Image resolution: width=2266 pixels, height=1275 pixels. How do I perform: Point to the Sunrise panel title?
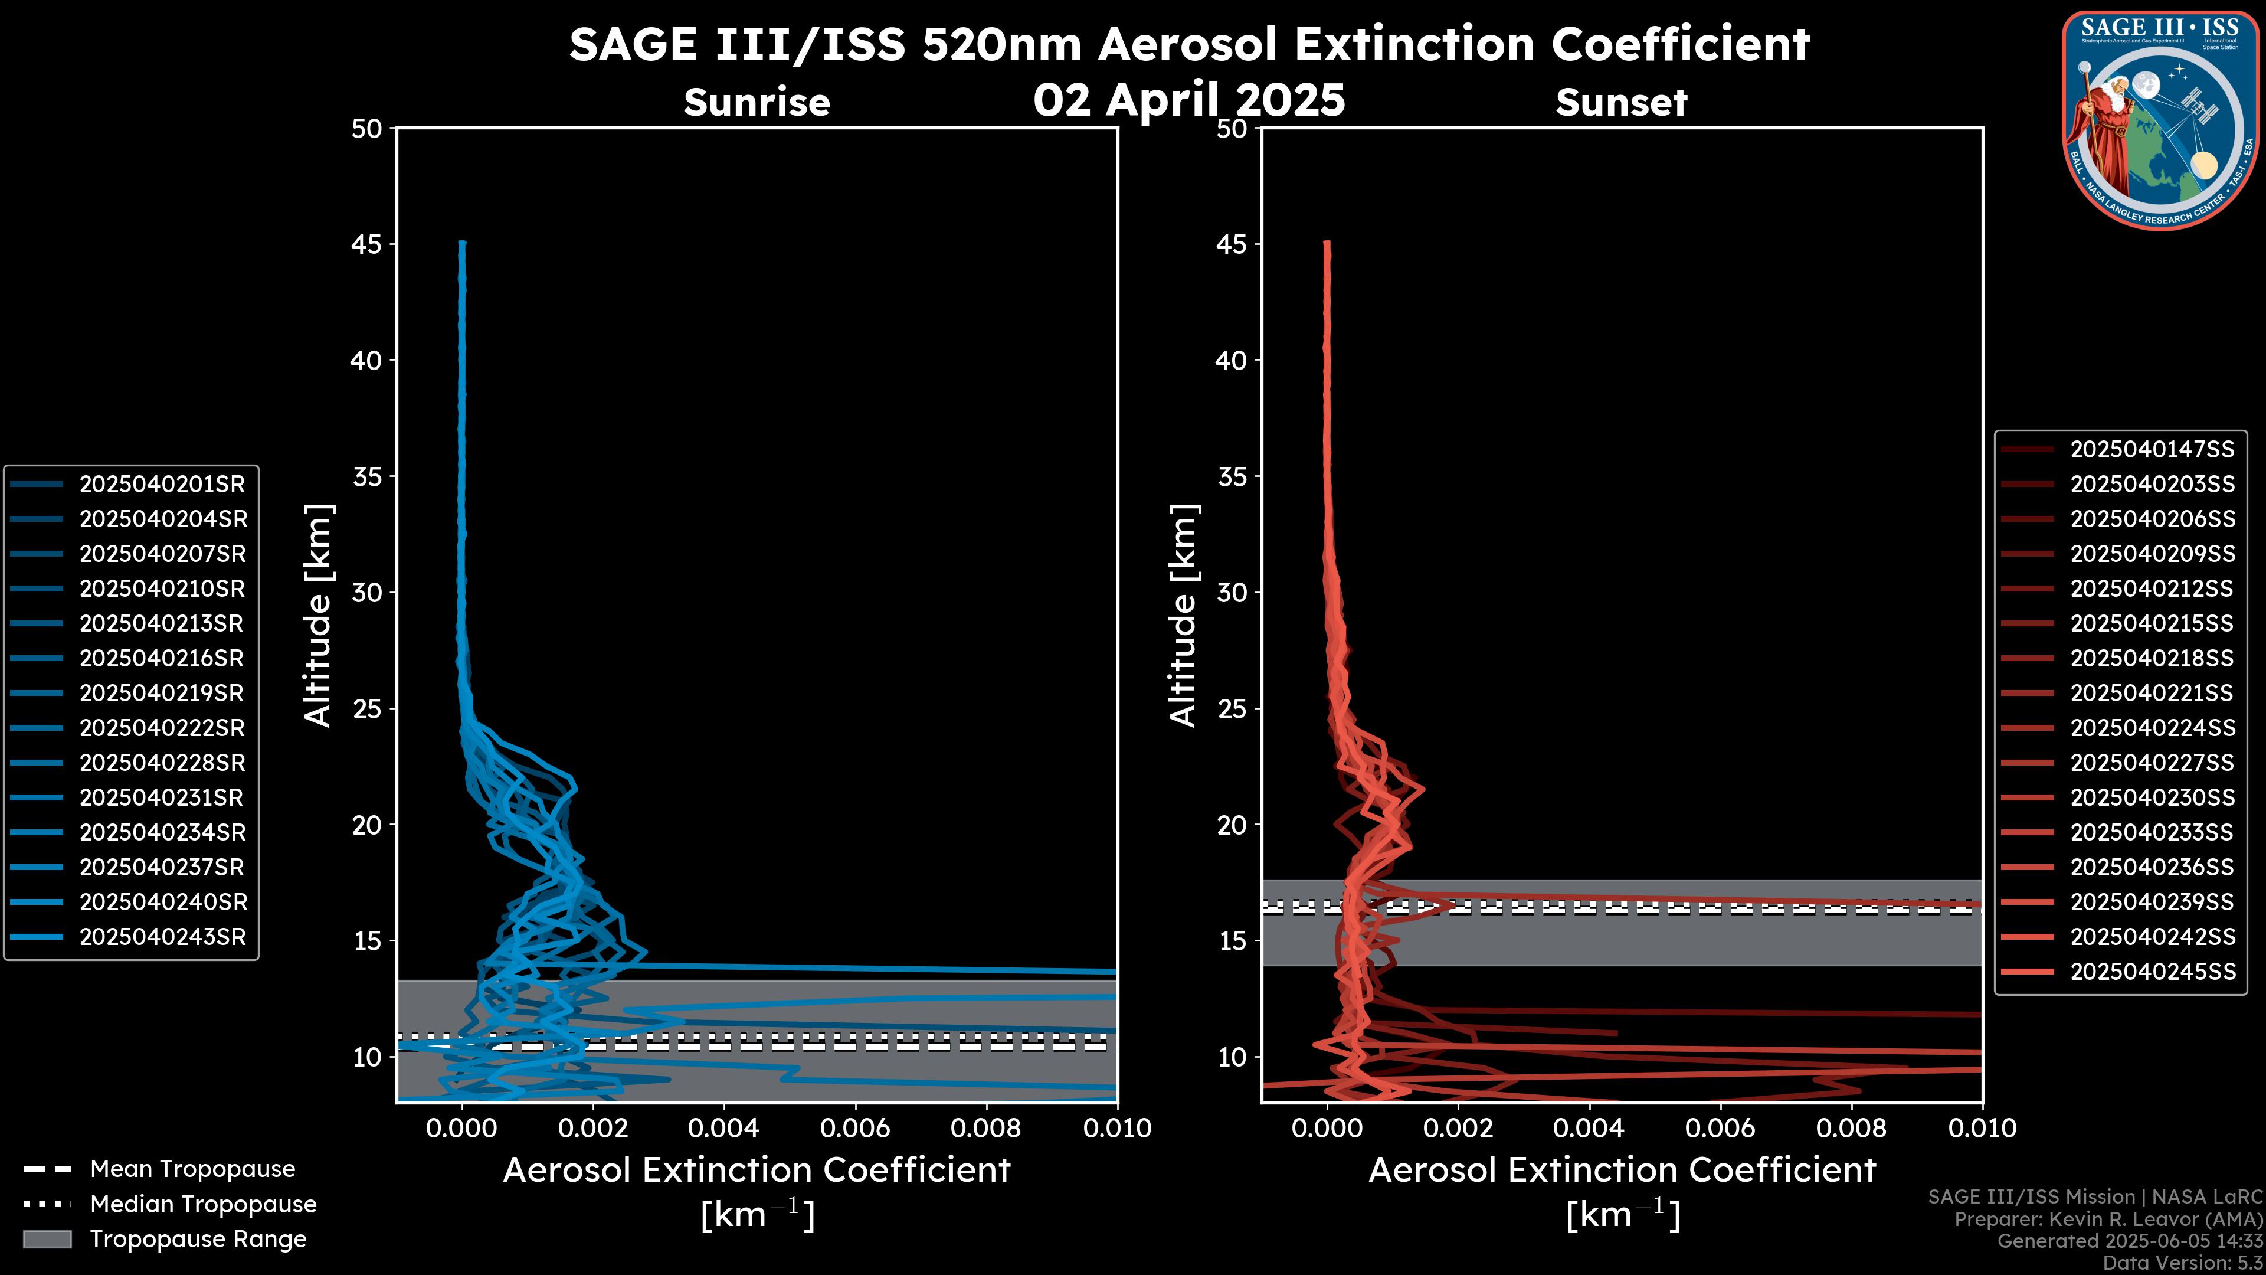757,103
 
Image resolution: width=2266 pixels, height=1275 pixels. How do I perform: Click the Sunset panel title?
1621,103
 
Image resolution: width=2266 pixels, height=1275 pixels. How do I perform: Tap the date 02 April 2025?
1188,99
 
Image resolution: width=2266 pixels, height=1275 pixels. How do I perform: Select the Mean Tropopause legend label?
192,1169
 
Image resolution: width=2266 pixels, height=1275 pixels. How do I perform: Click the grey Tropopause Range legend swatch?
47,1240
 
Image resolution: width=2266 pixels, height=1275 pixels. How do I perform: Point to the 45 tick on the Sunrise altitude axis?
367,244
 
